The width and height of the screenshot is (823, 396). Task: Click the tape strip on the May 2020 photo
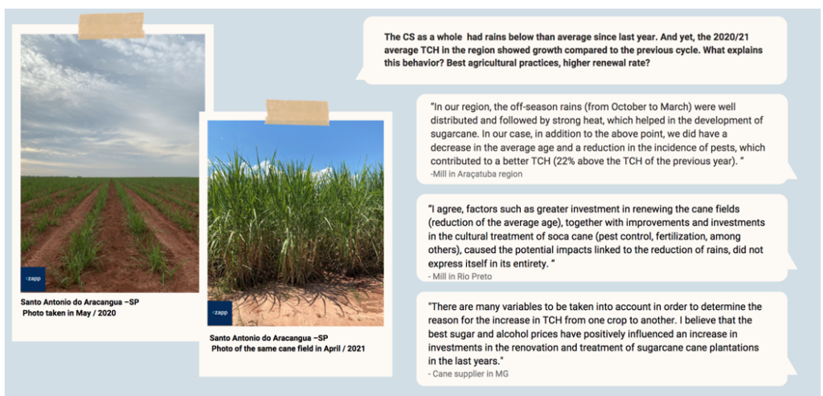[x=111, y=26]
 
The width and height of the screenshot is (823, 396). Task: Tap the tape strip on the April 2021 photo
[x=297, y=112]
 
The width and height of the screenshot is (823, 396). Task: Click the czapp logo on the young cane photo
[x=33, y=279]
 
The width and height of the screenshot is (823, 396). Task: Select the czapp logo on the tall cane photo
[x=219, y=313]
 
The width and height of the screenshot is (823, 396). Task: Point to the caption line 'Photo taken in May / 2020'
[x=69, y=313]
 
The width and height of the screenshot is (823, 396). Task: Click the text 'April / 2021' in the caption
[x=342, y=349]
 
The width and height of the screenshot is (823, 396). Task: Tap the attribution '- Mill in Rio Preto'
[x=461, y=276]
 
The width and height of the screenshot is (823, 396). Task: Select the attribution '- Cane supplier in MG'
[x=469, y=374]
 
